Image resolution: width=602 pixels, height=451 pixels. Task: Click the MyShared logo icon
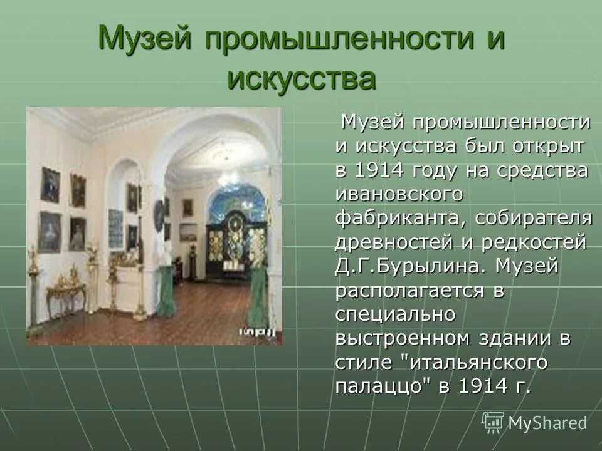(x=493, y=422)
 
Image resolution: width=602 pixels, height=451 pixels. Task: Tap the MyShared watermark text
(x=547, y=423)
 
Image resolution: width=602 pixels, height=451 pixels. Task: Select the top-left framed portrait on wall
(x=50, y=184)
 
